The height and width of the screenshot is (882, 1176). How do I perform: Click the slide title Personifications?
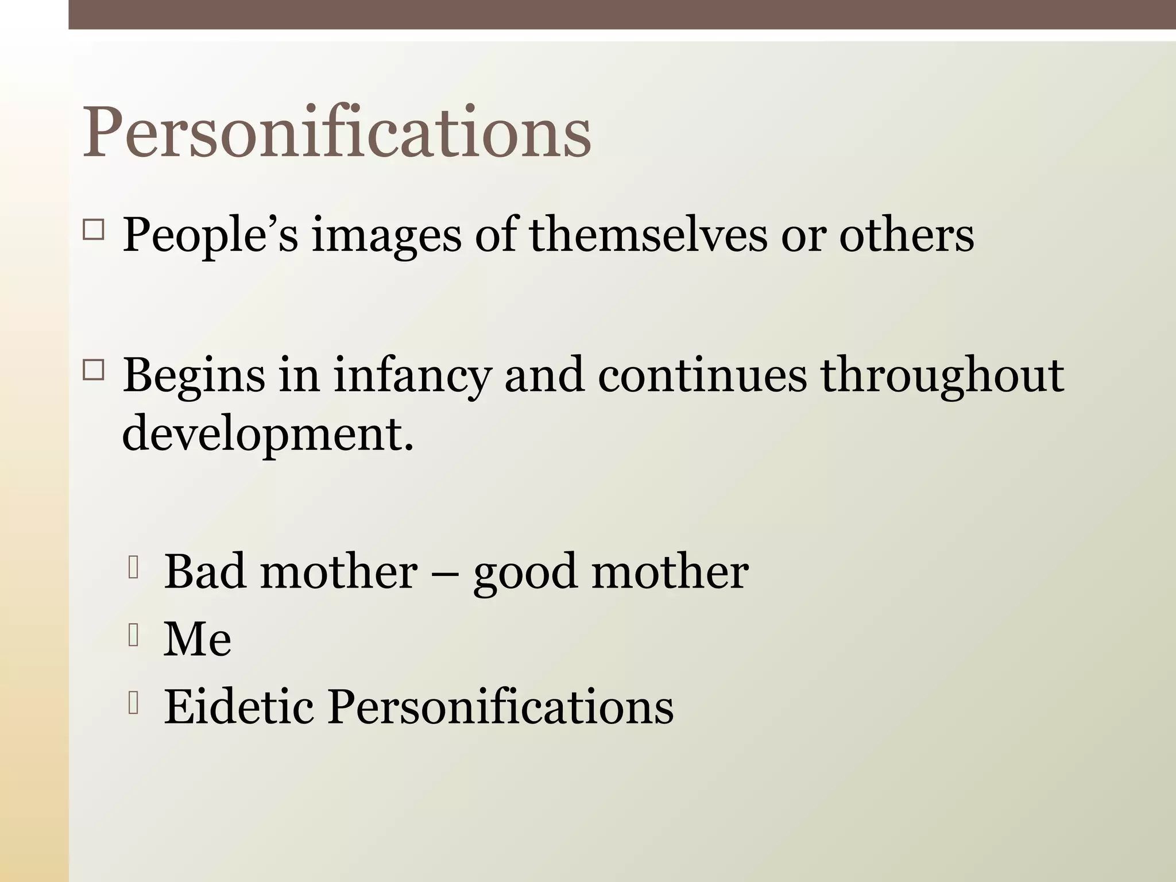pyautogui.click(x=336, y=133)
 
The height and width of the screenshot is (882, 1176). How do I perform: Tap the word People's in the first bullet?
pyautogui.click(x=210, y=235)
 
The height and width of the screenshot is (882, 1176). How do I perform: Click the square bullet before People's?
pyautogui.click(x=94, y=230)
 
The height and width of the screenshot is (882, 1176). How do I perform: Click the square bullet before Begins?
pyautogui.click(x=94, y=371)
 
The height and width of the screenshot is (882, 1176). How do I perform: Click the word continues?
pyautogui.click(x=702, y=374)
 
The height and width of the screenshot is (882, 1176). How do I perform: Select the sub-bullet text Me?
pyautogui.click(x=198, y=639)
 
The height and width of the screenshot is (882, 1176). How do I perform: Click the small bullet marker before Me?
pyautogui.click(x=134, y=635)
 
